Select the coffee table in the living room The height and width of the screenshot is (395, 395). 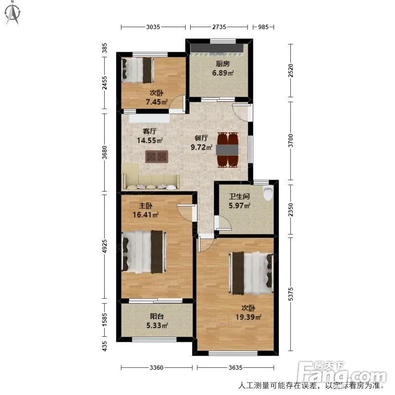pyautogui.click(x=157, y=157)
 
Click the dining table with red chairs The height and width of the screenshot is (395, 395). pyautogui.click(x=228, y=150)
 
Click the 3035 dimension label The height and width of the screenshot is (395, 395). pyautogui.click(x=153, y=27)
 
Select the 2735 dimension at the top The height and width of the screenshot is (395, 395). pyautogui.click(x=219, y=27)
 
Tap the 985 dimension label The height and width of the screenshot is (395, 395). pyautogui.click(x=263, y=27)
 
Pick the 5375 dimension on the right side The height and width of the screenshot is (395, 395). pyautogui.click(x=291, y=294)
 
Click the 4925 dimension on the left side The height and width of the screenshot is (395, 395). pyautogui.click(x=104, y=246)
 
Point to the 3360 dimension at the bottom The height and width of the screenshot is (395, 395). pyautogui.click(x=157, y=368)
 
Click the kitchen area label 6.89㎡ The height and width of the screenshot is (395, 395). pyautogui.click(x=223, y=73)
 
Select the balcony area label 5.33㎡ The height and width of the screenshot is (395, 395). pyautogui.click(x=157, y=325)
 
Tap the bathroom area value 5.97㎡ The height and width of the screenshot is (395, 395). pyautogui.click(x=239, y=205)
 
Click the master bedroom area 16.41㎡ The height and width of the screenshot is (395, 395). pyautogui.click(x=146, y=215)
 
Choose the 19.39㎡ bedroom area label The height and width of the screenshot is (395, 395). pyautogui.click(x=248, y=317)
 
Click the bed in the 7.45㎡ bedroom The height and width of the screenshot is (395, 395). pyautogui.click(x=138, y=70)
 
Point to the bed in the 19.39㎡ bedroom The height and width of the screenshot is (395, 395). pyautogui.click(x=251, y=273)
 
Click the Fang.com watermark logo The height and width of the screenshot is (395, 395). pyautogui.click(x=342, y=372)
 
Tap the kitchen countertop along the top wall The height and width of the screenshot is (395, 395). pyautogui.click(x=217, y=48)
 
